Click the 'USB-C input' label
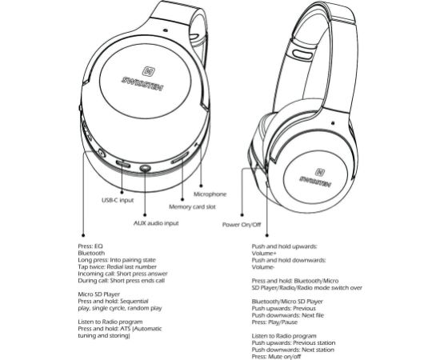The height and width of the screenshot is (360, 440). click(118, 200)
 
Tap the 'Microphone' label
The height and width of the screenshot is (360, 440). click(210, 194)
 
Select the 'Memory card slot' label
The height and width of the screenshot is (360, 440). click(192, 207)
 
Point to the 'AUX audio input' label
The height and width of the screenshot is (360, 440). click(156, 223)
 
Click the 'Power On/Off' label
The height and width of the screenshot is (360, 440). click(242, 225)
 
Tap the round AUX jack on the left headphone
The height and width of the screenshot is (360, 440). click(145, 168)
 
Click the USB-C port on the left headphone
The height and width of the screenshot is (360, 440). click(123, 164)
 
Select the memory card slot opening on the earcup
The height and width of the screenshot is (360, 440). click(180, 158)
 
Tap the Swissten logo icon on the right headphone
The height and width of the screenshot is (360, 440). click(320, 172)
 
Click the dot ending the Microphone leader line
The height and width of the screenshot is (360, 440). click(201, 186)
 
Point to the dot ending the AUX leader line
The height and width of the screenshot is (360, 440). click(145, 215)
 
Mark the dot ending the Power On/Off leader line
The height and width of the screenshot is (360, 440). click(242, 215)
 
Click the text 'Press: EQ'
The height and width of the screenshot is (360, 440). click(90, 246)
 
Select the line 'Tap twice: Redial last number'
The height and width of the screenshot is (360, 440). click(118, 267)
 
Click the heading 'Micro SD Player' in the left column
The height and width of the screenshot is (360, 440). click(98, 294)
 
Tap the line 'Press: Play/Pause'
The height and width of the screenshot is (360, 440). click(274, 322)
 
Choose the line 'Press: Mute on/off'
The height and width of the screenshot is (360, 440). click(276, 357)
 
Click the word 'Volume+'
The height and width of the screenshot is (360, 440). click(262, 254)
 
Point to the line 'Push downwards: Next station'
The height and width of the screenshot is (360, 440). click(293, 350)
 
